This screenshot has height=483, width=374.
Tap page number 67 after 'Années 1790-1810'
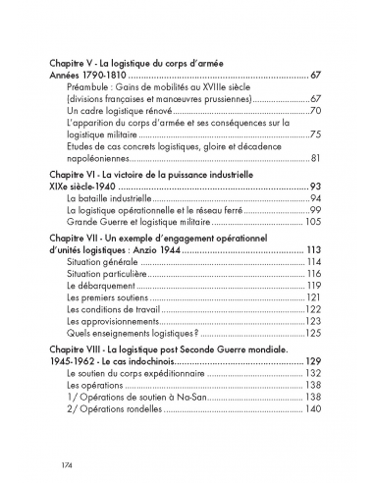tap(315, 75)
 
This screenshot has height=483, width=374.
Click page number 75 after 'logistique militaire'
tap(315, 134)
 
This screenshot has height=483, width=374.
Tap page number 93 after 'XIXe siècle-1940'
tap(315, 187)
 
